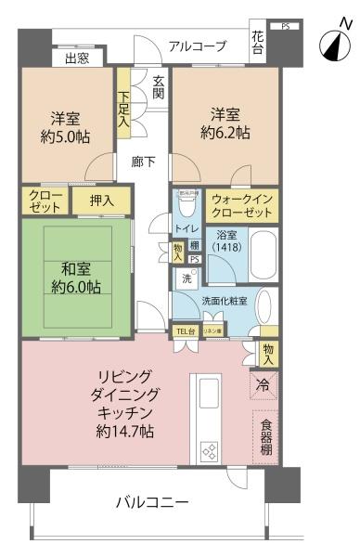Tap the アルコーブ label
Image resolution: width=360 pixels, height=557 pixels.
(x=198, y=45)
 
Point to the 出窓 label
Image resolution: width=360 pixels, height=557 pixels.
(x=77, y=59)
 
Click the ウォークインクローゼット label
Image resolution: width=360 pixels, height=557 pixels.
(x=241, y=205)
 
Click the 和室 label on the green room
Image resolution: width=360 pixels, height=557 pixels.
(x=75, y=268)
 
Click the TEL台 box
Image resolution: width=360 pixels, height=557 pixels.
(x=185, y=331)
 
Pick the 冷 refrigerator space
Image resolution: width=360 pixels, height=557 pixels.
(x=265, y=383)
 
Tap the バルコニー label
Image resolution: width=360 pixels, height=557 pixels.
(x=152, y=502)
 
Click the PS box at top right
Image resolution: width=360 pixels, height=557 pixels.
(x=285, y=26)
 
